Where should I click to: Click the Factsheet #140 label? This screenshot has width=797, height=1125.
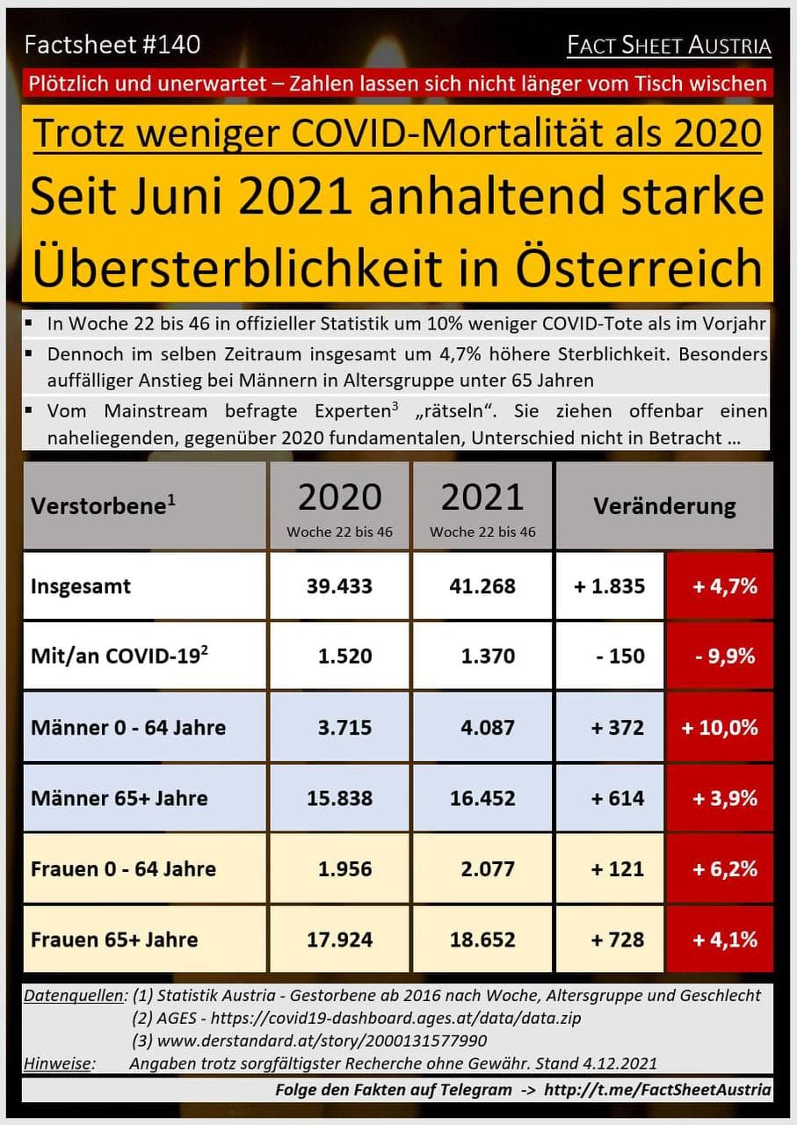112,44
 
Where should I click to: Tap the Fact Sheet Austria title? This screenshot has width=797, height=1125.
669,46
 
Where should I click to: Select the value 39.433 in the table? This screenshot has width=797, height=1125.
339,586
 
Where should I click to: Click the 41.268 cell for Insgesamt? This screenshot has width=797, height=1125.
482,586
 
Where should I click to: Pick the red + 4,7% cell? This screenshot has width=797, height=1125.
720,586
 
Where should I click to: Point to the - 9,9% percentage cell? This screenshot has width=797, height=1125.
720,657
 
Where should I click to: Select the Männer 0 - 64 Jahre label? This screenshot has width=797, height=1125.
128,728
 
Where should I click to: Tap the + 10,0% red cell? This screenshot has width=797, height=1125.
720,728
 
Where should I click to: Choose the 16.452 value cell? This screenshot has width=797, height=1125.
482,798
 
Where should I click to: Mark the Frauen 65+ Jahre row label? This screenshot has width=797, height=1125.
114,940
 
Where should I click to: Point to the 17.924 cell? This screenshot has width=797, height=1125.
339,940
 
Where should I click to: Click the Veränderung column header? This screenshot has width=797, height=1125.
664,506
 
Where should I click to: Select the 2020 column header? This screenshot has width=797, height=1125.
339,505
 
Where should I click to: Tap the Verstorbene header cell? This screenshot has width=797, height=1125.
103,506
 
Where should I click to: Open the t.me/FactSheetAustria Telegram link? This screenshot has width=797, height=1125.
658,1090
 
